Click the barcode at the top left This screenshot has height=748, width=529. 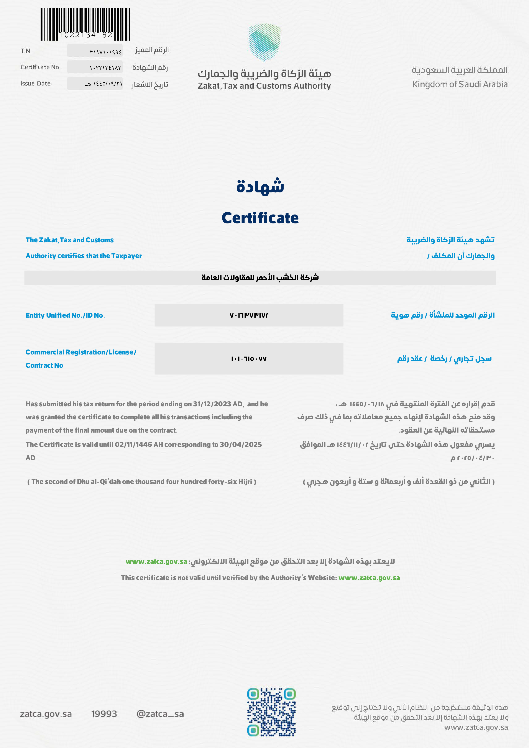pyautogui.click(x=85, y=24)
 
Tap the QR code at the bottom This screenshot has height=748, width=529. pyautogui.click(x=271, y=712)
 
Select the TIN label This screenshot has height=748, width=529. pyautogui.click(x=25, y=51)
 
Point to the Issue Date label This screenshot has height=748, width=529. pyautogui.click(x=36, y=83)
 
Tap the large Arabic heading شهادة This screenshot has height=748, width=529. pyautogui.click(x=260, y=186)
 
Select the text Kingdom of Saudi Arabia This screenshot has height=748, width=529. pyautogui.click(x=460, y=84)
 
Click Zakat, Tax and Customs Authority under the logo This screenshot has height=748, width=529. pyautogui.click(x=264, y=86)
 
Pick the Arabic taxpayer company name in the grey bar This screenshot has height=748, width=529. pyautogui.click(x=260, y=277)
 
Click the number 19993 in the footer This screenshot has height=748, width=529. pyautogui.click(x=104, y=714)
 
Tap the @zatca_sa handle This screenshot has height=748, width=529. pyautogui.click(x=160, y=714)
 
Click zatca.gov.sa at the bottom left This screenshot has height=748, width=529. pyautogui.click(x=46, y=714)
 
